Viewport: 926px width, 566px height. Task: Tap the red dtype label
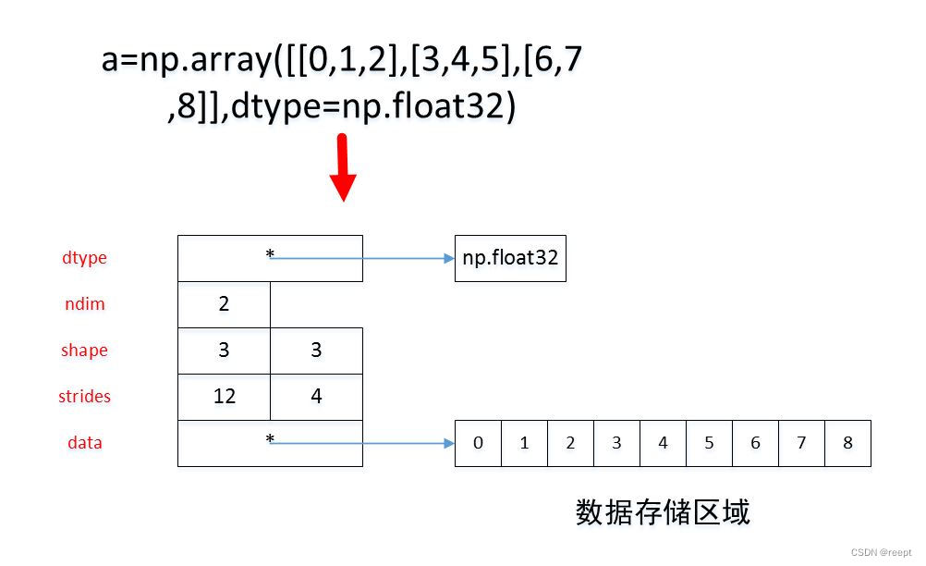coord(84,258)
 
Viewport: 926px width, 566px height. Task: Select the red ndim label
coord(84,304)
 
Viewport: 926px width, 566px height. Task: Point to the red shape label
coord(84,351)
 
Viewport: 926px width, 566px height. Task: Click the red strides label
coord(84,397)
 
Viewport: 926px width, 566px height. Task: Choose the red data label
coord(84,443)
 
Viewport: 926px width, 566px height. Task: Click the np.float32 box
coord(510,258)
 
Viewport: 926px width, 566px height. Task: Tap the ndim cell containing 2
coord(224,304)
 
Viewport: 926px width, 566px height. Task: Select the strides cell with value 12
coord(224,397)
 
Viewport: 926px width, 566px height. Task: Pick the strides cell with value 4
coord(316,397)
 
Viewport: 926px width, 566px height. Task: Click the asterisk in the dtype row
coord(270,254)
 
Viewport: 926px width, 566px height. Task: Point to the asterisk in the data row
coord(270,439)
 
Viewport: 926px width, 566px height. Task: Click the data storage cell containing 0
coord(478,443)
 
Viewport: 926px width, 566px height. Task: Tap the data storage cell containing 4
coord(663,443)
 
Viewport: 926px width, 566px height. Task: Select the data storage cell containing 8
coord(847,443)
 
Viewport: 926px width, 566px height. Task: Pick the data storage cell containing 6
coord(755,443)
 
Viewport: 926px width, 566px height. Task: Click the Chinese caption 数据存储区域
coord(663,511)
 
